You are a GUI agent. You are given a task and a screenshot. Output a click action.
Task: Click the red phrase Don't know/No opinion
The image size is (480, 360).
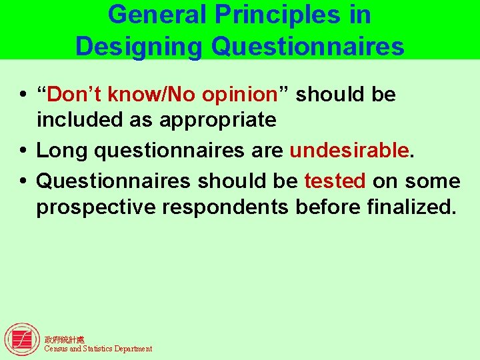click(x=161, y=95)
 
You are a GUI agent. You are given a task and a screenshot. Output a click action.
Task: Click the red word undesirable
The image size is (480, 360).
click(x=349, y=151)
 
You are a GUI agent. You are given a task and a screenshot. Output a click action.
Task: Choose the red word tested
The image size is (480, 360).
click(x=335, y=181)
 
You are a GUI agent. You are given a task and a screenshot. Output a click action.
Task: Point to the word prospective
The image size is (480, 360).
click(x=93, y=207)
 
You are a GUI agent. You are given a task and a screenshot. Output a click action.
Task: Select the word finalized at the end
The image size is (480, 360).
click(x=411, y=207)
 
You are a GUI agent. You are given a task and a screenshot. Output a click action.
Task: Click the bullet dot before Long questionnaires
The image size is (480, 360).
click(x=23, y=151)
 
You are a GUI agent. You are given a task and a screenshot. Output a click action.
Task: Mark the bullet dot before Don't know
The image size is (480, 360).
click(x=23, y=95)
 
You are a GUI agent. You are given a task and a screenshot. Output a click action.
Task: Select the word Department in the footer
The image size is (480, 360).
click(x=133, y=349)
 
